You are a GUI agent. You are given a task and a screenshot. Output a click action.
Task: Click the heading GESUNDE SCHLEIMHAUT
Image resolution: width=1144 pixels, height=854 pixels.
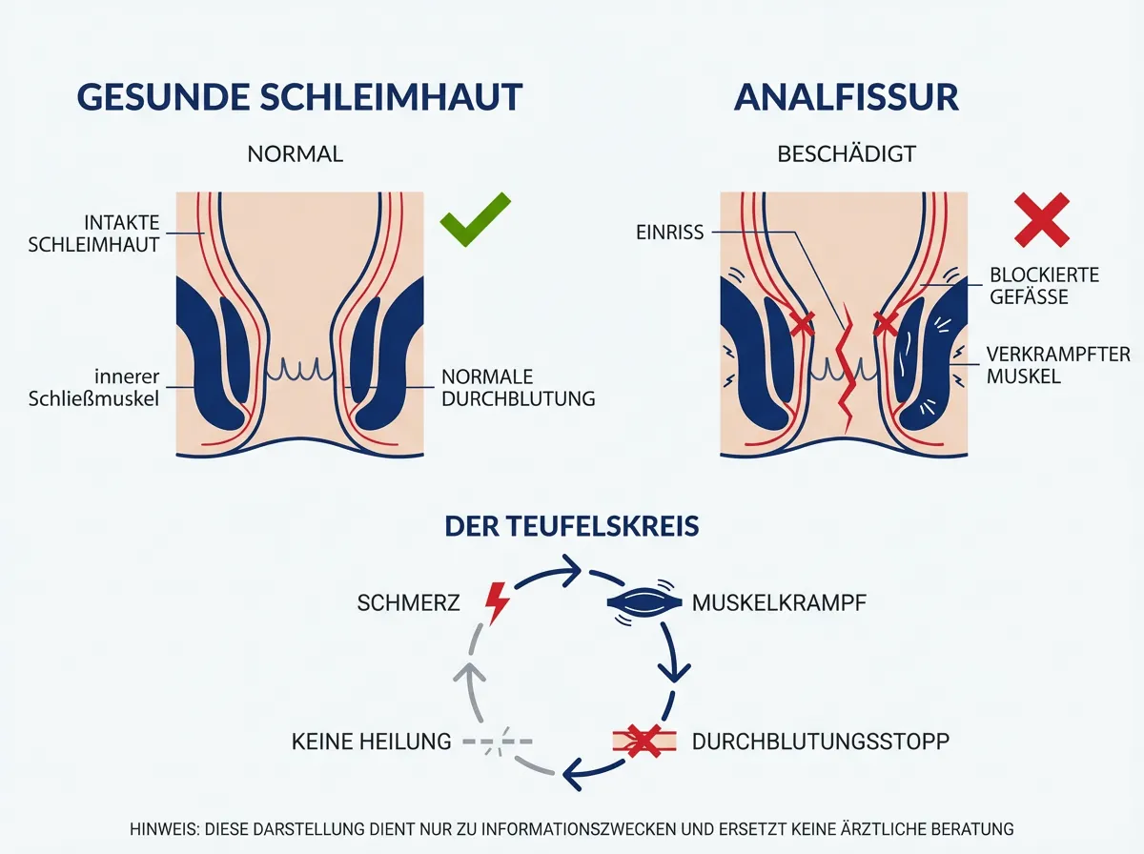(x=299, y=98)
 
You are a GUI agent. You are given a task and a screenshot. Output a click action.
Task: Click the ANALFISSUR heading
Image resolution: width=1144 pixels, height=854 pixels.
(x=846, y=98)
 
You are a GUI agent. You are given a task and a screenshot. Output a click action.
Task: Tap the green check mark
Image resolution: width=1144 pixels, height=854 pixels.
(x=475, y=218)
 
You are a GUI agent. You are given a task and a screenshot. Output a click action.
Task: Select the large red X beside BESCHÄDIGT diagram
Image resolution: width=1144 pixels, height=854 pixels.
(x=1041, y=219)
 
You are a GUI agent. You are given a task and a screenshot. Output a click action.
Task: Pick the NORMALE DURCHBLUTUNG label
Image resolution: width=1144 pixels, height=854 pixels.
(x=519, y=388)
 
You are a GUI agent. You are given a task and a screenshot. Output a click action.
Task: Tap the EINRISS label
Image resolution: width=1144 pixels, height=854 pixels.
(x=671, y=232)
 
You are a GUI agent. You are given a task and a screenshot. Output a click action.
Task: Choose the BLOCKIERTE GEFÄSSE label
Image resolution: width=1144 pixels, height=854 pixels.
(x=1042, y=286)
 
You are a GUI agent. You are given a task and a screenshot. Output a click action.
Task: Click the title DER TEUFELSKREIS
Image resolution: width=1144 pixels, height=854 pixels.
(x=572, y=525)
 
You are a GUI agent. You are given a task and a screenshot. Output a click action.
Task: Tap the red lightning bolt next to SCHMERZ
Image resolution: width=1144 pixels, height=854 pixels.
(x=497, y=602)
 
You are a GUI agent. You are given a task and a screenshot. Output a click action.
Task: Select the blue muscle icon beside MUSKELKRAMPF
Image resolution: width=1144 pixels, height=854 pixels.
(x=643, y=602)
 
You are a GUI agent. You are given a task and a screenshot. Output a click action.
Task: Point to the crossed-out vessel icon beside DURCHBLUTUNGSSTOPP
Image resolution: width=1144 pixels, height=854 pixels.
(x=643, y=741)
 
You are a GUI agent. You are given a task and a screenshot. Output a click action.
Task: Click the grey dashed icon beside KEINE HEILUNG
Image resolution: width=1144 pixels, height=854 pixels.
(x=497, y=741)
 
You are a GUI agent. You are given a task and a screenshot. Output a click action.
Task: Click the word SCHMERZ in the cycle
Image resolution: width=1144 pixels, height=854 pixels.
(x=409, y=603)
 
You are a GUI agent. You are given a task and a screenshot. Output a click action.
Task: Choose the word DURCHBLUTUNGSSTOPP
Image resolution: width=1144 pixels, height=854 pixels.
(x=821, y=742)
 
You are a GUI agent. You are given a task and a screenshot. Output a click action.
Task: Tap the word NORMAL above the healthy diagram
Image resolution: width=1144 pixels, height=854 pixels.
(x=295, y=153)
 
